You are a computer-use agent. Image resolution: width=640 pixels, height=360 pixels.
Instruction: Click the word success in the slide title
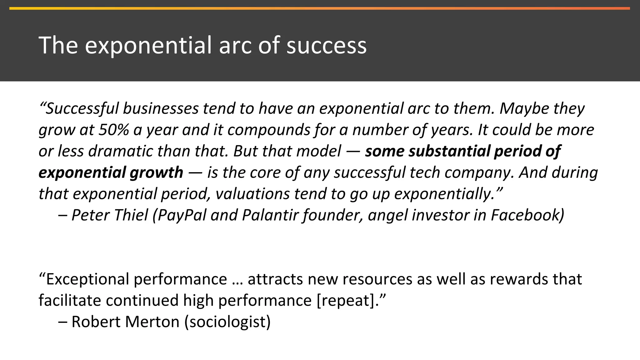(x=326, y=46)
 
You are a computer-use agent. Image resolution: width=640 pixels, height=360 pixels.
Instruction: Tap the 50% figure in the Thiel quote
(x=114, y=130)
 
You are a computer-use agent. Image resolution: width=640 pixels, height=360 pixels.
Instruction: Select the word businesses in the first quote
(x=161, y=109)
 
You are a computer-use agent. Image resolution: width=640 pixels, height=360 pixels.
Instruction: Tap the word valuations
(x=252, y=194)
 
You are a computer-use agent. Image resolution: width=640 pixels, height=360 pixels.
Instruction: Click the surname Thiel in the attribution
(x=131, y=215)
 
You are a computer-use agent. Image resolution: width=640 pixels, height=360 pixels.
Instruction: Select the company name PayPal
(x=182, y=215)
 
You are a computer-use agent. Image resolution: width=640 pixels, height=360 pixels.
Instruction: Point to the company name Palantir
(x=270, y=215)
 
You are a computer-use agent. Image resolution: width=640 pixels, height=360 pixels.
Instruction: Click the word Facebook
(x=527, y=215)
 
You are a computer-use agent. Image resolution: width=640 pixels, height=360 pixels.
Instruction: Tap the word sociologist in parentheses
(x=227, y=322)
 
